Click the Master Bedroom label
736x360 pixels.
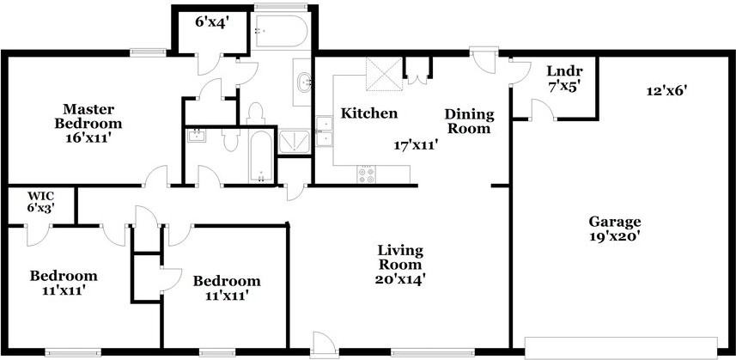tap(88, 124)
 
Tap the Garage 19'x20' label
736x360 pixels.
tap(616, 228)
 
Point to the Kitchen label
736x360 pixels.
tap(369, 113)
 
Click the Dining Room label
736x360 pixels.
tap(470, 121)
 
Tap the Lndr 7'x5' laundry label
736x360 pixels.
tap(565, 79)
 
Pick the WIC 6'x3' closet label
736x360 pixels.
tap(41, 201)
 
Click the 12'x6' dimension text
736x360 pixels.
tap(663, 91)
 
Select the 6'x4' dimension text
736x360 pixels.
tap(211, 22)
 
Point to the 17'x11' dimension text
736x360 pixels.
tap(416, 145)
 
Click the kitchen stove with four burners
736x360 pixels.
tap(367, 175)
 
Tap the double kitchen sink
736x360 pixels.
tap(324, 131)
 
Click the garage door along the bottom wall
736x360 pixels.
tap(621, 348)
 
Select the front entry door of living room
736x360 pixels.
tap(324, 343)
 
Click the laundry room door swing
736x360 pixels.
tap(543, 110)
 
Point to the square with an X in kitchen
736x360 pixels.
tap(384, 74)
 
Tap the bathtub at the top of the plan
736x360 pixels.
tap(281, 31)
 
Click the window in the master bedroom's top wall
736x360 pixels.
tap(148, 52)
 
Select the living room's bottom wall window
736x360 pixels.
tap(432, 352)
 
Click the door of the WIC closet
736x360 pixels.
tap(39, 235)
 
